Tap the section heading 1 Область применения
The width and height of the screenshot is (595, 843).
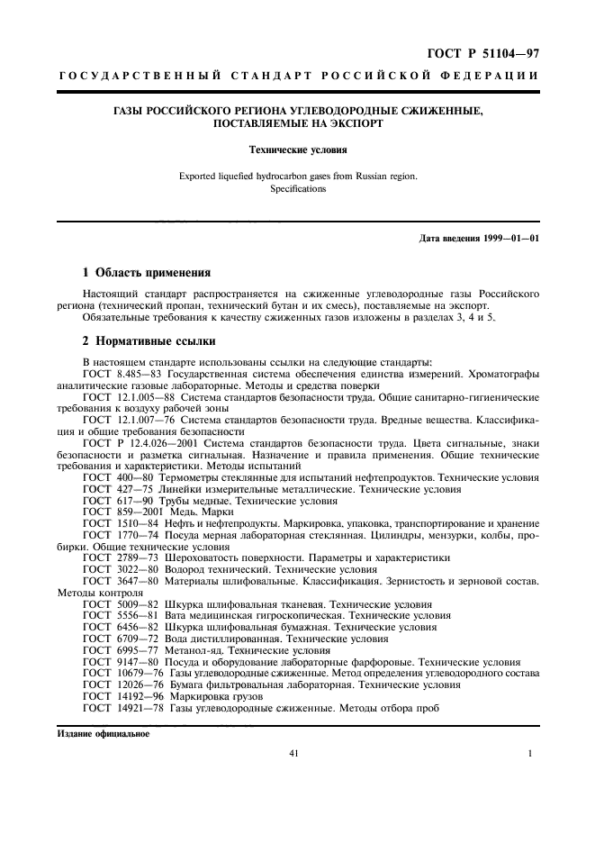coord(147,271)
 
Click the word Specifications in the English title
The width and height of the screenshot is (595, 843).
coord(298,190)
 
